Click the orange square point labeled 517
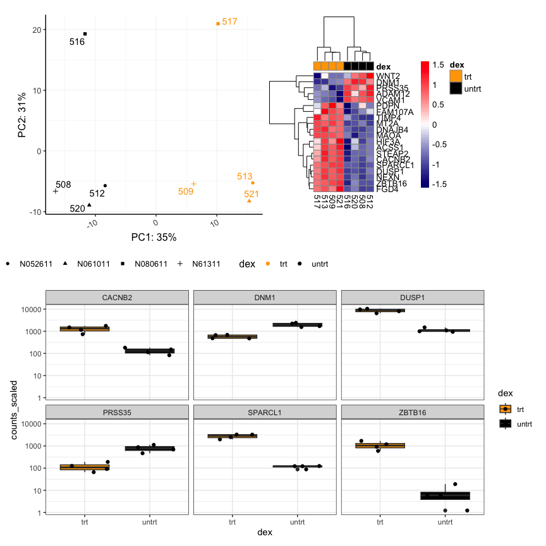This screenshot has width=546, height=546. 218,23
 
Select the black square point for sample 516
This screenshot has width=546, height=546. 85,33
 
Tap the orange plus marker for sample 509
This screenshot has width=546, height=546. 193,184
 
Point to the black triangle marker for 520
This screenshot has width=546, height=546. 89,205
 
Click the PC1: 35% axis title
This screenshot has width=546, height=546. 154,238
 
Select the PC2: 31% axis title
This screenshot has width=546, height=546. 21,116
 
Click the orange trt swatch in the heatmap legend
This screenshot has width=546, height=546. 456,76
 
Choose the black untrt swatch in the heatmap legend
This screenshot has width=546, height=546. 456,88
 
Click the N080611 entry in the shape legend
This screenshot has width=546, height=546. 150,264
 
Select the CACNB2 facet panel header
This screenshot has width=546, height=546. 117,297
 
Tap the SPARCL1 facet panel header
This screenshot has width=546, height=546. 264,411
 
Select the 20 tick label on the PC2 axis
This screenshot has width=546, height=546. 37,30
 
